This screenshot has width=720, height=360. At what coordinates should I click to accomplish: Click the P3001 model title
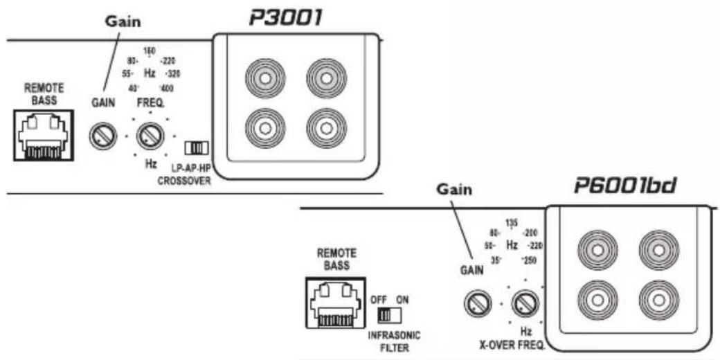tap(285, 18)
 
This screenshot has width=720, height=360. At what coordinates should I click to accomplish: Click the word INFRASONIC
tap(395, 335)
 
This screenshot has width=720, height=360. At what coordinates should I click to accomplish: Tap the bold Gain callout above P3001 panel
tap(122, 21)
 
